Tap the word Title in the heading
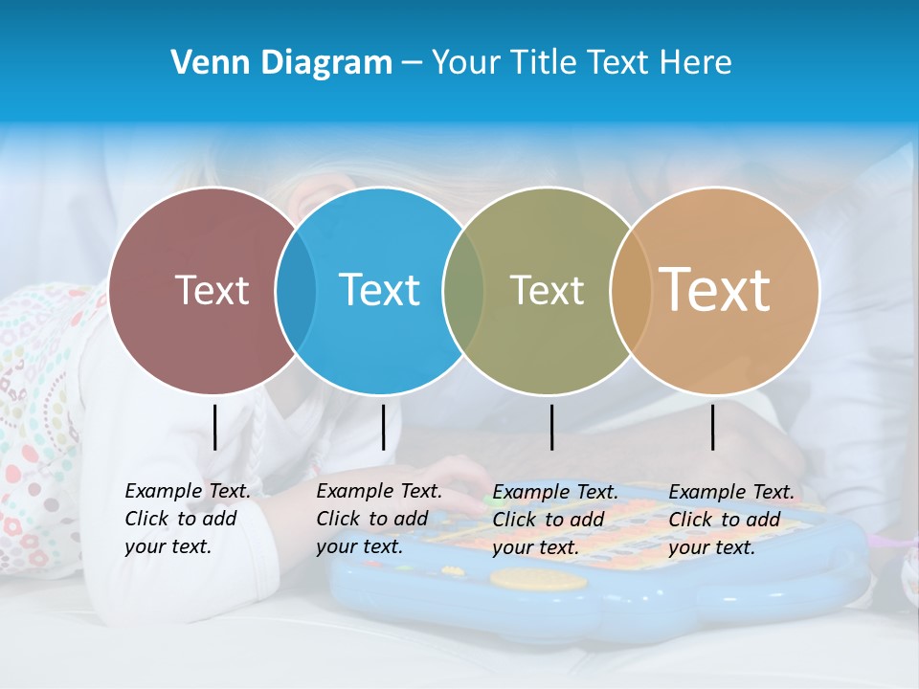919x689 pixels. [x=544, y=63]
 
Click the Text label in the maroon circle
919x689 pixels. [x=212, y=290]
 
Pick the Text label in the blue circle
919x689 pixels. [x=379, y=290]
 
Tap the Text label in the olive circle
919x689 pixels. [x=547, y=290]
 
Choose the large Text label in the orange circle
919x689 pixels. [x=715, y=289]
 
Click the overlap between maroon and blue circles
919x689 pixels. [x=296, y=290]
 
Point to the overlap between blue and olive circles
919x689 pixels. [x=463, y=290]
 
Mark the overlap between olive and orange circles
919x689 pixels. [x=630, y=290]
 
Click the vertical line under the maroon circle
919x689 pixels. [x=214, y=427]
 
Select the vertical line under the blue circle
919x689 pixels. [x=383, y=427]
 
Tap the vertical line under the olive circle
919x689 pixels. [x=551, y=427]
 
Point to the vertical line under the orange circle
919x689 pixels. [x=712, y=427]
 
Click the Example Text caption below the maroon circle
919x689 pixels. [x=187, y=519]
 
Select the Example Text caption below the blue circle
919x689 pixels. [x=378, y=519]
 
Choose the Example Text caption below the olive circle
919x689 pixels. [x=554, y=520]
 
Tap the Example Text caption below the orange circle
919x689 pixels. [x=730, y=520]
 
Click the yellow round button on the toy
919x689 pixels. [x=525, y=579]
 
